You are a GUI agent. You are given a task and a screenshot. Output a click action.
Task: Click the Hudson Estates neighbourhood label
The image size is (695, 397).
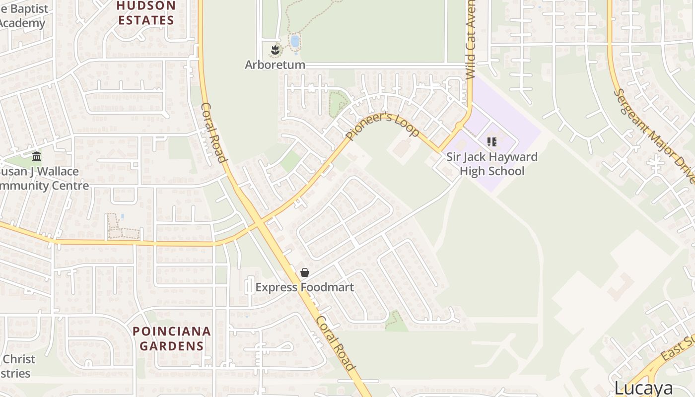click(x=146, y=13)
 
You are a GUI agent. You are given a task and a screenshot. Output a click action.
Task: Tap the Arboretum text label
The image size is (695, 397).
click(x=275, y=65)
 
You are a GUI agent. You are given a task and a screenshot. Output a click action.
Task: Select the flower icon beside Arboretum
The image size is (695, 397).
click(x=275, y=50)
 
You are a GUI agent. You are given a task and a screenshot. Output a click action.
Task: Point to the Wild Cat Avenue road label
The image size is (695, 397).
click(x=471, y=40)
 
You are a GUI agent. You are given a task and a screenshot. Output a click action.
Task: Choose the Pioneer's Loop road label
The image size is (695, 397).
click(x=383, y=127)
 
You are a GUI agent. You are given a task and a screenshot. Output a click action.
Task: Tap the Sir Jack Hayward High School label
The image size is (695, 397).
click(x=491, y=164)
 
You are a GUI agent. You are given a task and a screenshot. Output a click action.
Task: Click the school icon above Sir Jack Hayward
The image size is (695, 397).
click(x=492, y=142)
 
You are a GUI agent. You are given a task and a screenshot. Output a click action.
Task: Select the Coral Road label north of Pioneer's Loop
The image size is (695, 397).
click(x=213, y=132)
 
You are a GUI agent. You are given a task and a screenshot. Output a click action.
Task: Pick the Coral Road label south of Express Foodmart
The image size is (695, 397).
click(x=336, y=343)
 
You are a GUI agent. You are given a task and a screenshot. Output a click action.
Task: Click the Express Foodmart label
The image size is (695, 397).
click(x=304, y=287)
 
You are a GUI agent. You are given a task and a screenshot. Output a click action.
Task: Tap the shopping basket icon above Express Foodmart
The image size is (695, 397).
click(x=305, y=272)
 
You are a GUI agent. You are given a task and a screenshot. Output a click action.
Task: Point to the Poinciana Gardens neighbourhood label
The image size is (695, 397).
click(x=171, y=338)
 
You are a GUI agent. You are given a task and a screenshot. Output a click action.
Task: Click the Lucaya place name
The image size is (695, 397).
click(x=643, y=388)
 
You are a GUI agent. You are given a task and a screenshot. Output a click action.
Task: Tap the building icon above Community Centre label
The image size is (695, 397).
click(x=37, y=157)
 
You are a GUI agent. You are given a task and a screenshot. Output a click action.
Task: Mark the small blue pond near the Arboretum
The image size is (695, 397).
click(x=294, y=41)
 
